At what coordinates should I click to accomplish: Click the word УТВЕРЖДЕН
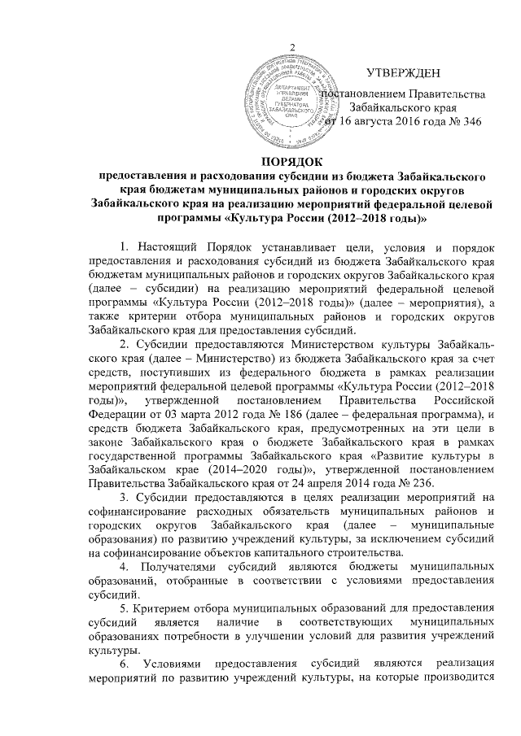coord(405,73)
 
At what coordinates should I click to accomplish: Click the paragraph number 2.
coord(123,346)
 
